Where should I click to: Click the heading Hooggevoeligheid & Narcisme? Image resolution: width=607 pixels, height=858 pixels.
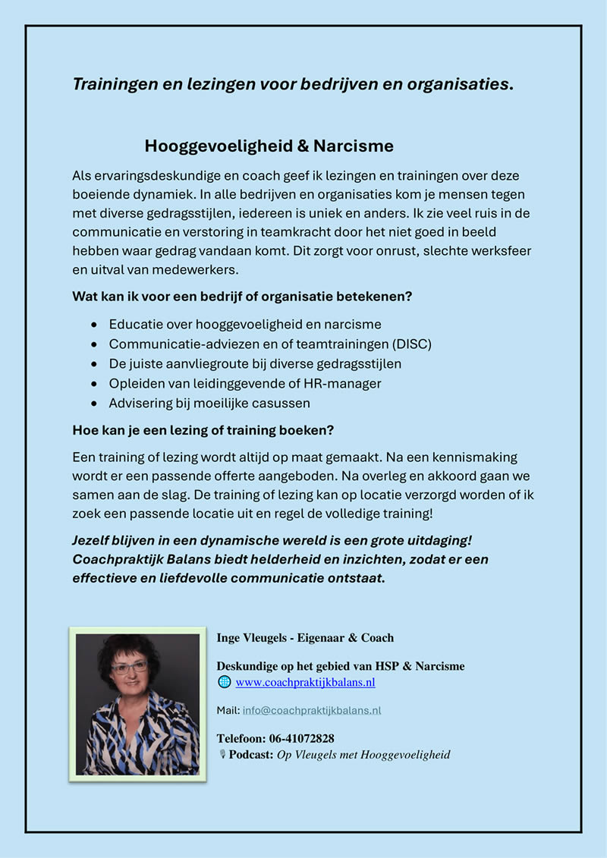click(x=269, y=145)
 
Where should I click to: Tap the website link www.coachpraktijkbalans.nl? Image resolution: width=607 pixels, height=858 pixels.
click(x=305, y=682)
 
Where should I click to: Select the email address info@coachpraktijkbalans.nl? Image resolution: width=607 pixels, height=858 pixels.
click(x=312, y=711)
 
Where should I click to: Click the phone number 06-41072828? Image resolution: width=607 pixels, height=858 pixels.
click(x=301, y=738)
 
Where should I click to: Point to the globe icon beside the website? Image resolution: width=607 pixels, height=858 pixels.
click(x=224, y=682)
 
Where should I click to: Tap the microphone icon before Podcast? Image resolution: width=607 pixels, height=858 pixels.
click(x=223, y=755)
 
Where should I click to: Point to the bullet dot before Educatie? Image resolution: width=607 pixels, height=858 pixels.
click(x=93, y=325)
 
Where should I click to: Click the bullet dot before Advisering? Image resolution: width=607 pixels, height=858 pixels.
click(x=93, y=404)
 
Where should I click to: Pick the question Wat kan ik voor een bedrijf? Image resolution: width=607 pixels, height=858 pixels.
click(x=242, y=297)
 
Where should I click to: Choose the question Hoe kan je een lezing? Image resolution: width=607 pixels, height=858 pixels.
click(x=203, y=430)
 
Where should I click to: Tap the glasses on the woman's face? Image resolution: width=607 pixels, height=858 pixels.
click(x=130, y=668)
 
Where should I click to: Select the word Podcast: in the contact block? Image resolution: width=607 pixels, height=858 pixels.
click(x=251, y=755)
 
